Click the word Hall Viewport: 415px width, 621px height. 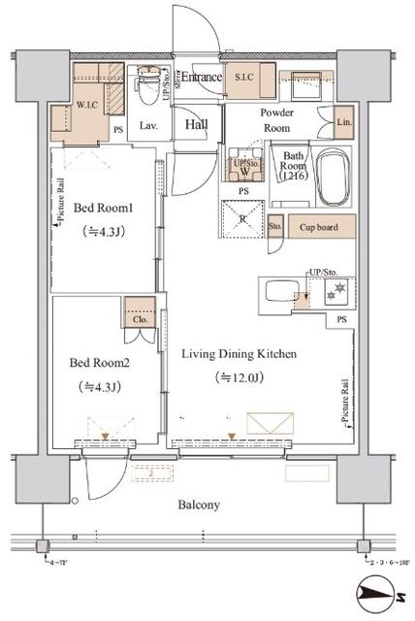point(198,123)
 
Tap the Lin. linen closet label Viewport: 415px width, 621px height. point(343,123)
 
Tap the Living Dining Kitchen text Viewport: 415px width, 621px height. point(239,354)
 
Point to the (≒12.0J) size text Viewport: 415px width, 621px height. point(238,378)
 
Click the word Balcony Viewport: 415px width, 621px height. point(198,505)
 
